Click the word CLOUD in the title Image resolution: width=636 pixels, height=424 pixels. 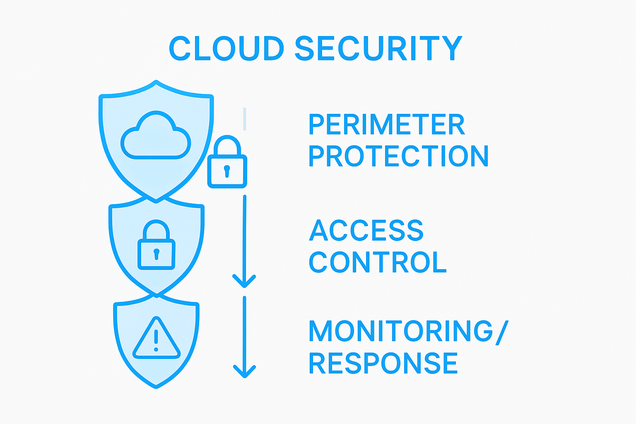[x=226, y=48]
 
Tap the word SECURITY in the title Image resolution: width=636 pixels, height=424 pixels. [x=378, y=48]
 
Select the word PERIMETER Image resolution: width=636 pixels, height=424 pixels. [x=387, y=124]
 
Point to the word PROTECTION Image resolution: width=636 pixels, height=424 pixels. [x=399, y=156]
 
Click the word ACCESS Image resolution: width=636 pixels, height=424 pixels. [x=366, y=230]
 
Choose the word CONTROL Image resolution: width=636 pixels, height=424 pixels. [x=378, y=262]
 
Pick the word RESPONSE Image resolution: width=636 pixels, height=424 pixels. [x=383, y=363]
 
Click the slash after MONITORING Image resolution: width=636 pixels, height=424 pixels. [x=502, y=332]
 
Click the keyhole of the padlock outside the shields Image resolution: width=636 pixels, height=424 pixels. [x=226, y=170]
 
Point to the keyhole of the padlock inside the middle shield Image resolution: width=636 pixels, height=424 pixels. [x=156, y=253]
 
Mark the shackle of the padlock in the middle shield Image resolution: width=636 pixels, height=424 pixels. [x=157, y=229]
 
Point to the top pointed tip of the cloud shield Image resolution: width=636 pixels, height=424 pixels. [x=156, y=81]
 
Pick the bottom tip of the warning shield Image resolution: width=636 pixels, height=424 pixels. [x=156, y=387]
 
